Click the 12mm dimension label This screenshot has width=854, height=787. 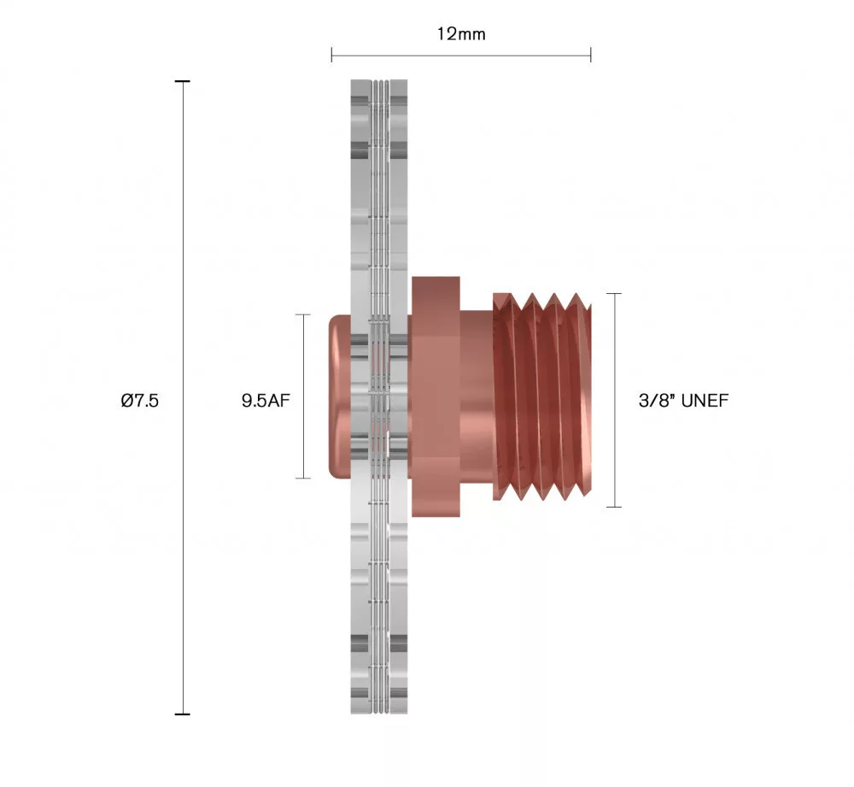[461, 33]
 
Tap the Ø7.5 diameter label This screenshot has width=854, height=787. [140, 400]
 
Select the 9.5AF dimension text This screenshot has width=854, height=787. [266, 400]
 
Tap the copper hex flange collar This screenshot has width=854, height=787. [436, 397]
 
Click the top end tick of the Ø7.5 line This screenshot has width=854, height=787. [182, 81]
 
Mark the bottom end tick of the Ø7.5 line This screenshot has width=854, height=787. [182, 714]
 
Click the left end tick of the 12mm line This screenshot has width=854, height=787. [332, 56]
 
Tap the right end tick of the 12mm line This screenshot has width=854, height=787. [590, 56]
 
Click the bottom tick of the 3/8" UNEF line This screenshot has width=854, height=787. [614, 507]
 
